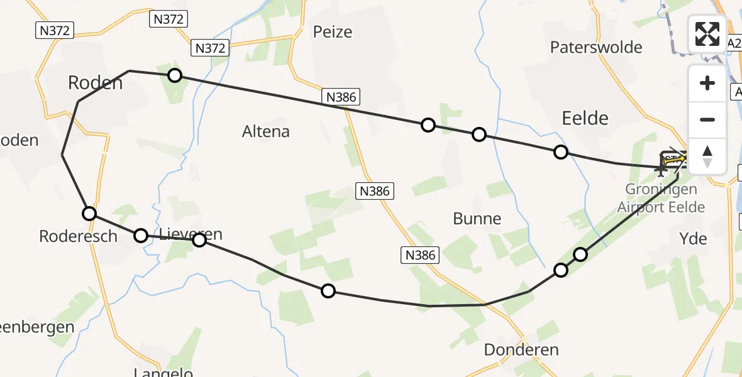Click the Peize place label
333,32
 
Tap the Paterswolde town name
596,47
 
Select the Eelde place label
585,117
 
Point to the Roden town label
95,82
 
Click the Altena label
266,131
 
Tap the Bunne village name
477,219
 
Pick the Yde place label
694,238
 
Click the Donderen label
521,349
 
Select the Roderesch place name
78,236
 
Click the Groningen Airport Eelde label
661,198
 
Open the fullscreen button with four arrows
707,34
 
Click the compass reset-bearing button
707,156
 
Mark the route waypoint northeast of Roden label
175,76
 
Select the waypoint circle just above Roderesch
89,214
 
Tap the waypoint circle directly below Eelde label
561,152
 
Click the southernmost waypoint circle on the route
328,291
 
